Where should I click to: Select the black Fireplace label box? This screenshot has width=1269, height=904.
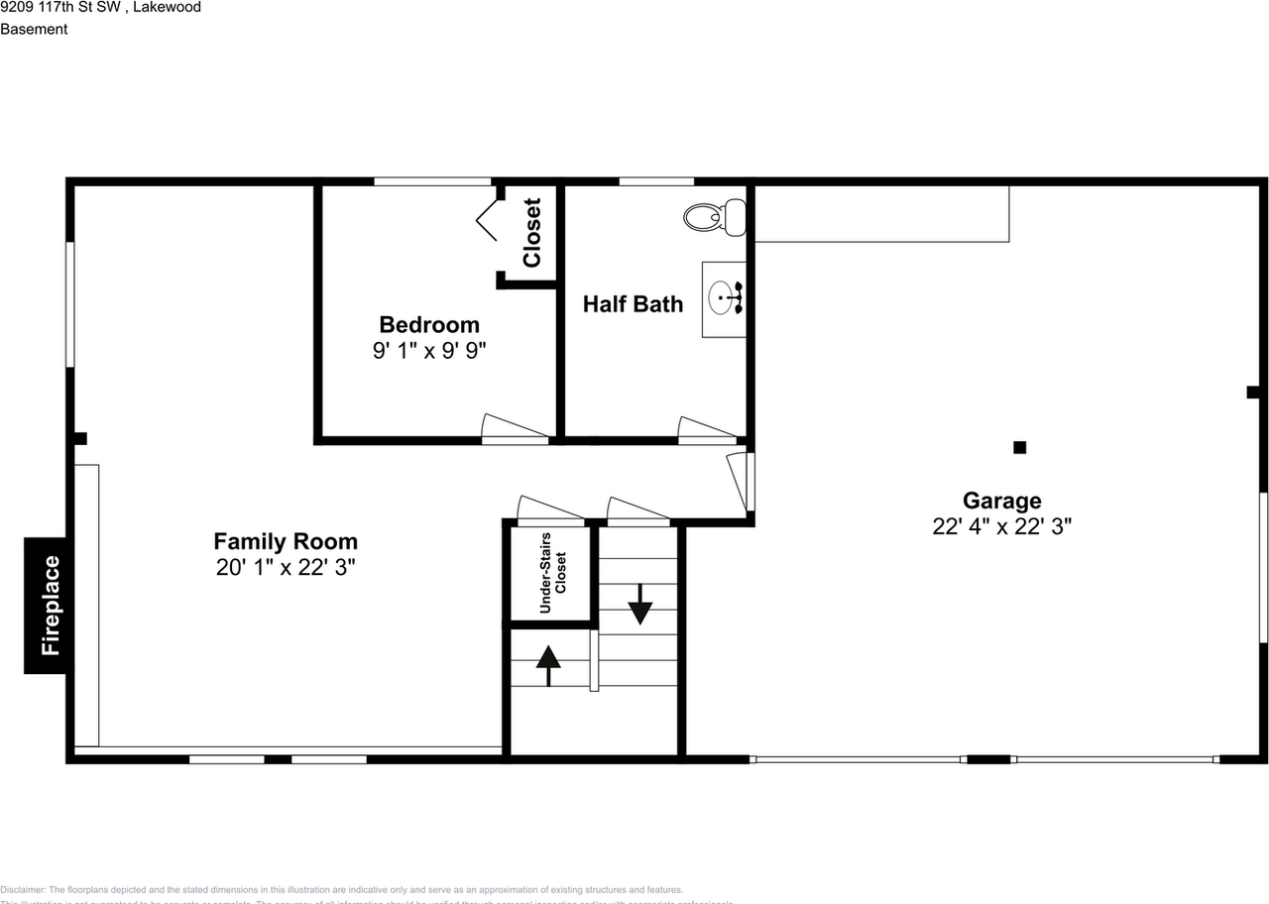[x=48, y=606]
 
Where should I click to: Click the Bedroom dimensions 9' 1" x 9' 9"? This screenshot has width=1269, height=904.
[x=429, y=351]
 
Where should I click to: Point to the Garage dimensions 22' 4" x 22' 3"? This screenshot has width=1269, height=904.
[x=1001, y=527]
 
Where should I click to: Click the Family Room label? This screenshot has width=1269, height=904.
[x=286, y=541]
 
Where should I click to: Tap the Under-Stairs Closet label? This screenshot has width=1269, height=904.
[x=552, y=574]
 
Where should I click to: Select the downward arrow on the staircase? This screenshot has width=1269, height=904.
[x=640, y=605]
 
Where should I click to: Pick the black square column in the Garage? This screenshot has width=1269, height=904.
[x=1019, y=447]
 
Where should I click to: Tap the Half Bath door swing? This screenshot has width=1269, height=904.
[x=706, y=427]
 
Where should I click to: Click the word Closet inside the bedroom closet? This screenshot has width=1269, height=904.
[x=532, y=233]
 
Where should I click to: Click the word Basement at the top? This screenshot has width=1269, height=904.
[x=34, y=29]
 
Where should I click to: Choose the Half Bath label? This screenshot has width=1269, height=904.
[x=633, y=304]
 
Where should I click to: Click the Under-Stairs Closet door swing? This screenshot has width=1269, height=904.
[x=547, y=508]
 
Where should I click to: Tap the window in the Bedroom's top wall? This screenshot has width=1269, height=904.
[x=432, y=181]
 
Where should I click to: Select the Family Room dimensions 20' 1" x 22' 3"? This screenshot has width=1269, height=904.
[x=286, y=568]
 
